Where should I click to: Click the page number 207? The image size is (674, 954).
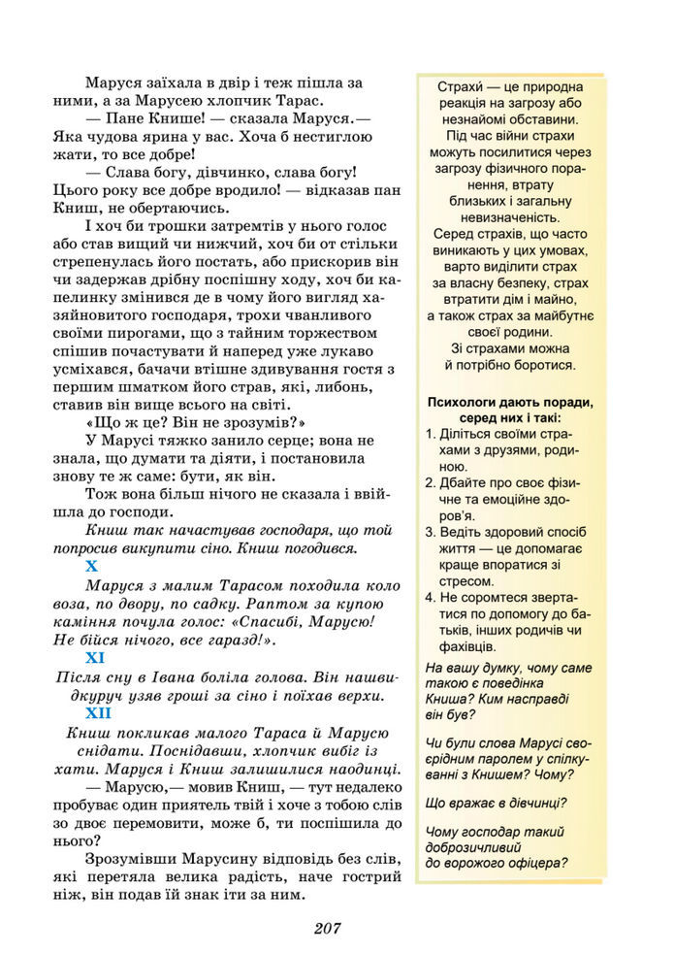click(327, 927)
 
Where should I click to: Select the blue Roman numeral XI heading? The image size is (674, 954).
click(96, 658)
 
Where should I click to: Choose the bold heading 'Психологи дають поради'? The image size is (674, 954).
click(509, 402)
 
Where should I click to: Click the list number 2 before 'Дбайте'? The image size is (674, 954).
click(431, 482)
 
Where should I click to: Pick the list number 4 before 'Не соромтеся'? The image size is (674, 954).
click(431, 597)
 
